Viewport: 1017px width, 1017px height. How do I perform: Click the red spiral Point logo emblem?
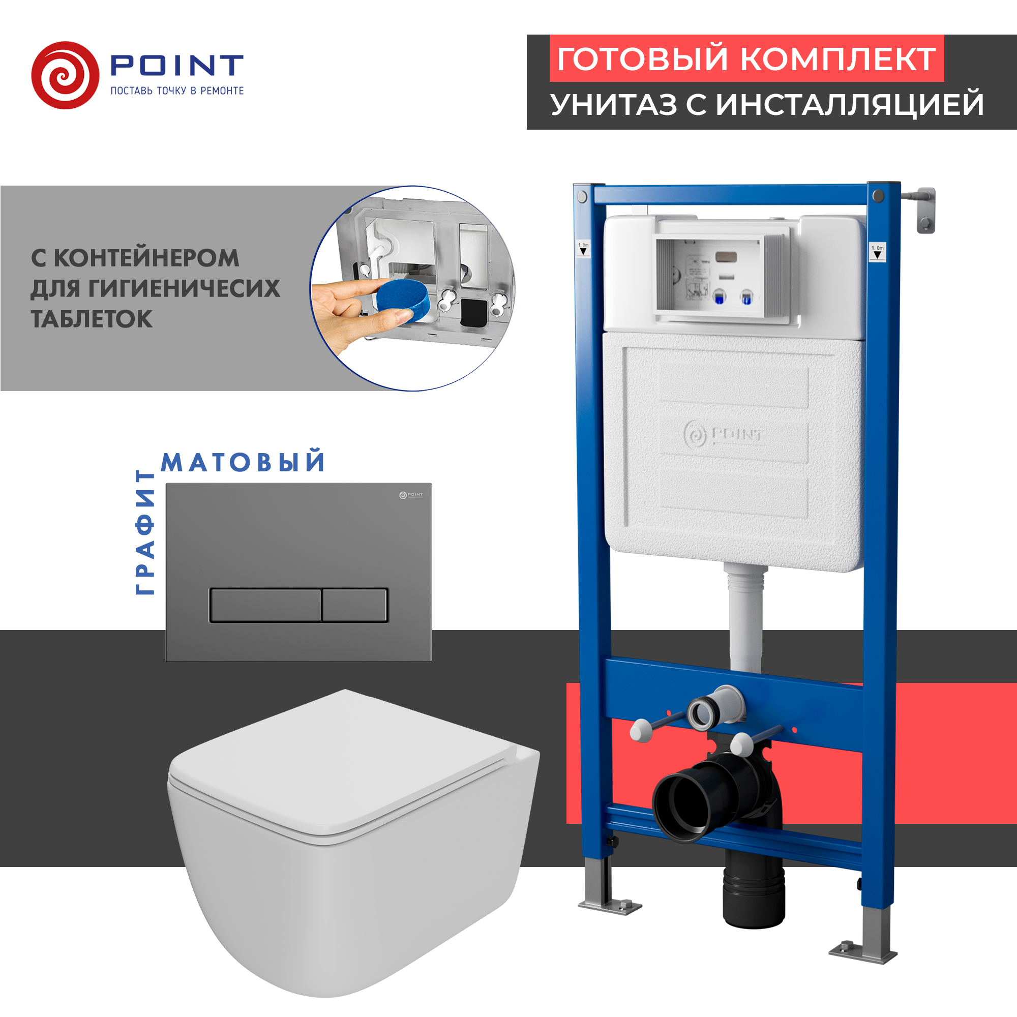65,75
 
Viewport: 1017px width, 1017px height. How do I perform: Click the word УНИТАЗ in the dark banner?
614,104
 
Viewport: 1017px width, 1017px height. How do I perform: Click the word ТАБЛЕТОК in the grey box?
92,319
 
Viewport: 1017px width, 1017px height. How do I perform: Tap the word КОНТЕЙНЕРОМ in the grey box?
146,258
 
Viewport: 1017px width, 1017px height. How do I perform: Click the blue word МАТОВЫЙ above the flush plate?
243,462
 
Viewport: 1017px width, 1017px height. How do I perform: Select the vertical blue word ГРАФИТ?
145,532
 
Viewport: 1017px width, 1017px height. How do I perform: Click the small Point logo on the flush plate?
410,495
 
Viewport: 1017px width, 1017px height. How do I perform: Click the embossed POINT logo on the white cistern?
723,435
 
